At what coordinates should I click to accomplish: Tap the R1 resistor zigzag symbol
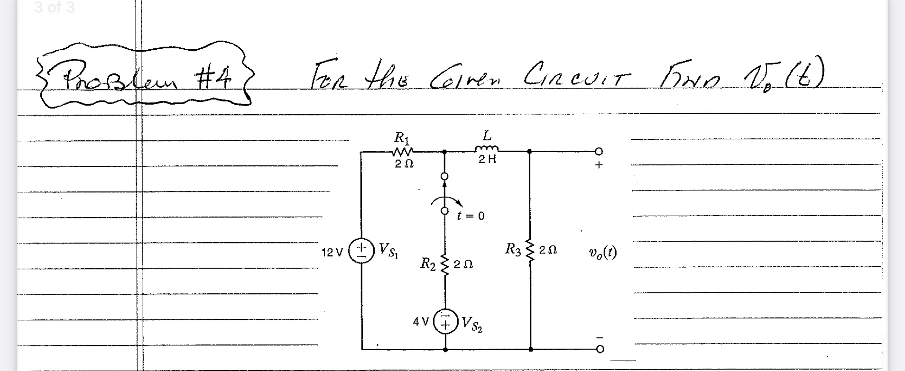click(403, 152)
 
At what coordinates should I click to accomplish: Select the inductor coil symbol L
click(486, 149)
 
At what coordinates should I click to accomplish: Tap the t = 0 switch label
click(471, 216)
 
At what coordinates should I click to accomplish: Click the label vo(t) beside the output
click(602, 253)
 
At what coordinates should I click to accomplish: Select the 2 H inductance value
click(487, 160)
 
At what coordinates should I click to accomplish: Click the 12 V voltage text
click(332, 253)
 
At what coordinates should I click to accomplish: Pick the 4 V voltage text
click(421, 322)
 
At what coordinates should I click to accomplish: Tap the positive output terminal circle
click(599, 152)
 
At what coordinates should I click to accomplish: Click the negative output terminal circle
click(600, 350)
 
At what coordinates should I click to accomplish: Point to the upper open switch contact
click(444, 177)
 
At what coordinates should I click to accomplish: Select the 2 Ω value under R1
click(404, 164)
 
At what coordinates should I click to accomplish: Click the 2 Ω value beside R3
click(548, 250)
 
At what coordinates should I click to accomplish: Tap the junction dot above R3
click(529, 152)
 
